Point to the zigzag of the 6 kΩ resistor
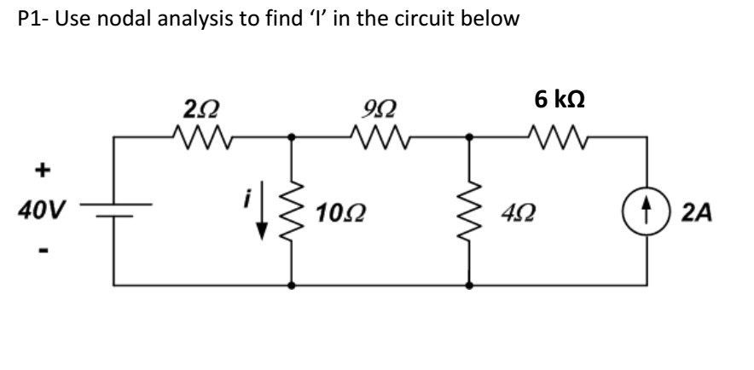[556, 136]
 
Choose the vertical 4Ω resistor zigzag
[468, 210]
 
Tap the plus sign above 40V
[38, 171]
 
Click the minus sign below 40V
[37, 251]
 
